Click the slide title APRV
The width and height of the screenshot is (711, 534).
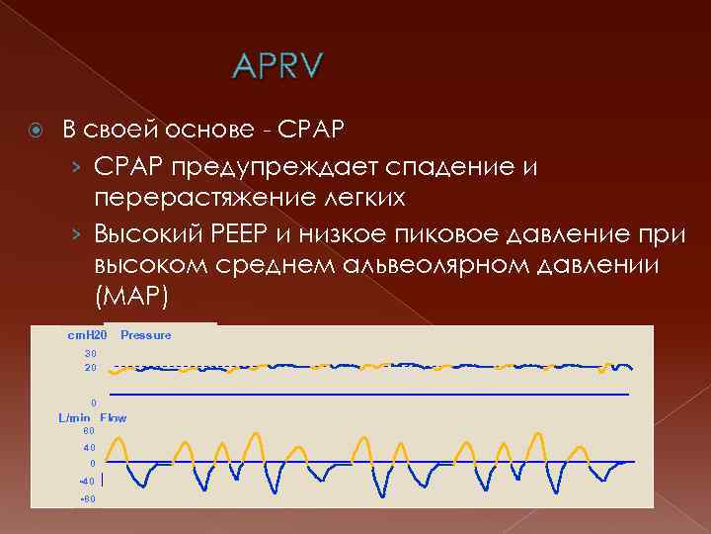pos(276,68)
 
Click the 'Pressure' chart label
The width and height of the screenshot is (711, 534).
pos(145,335)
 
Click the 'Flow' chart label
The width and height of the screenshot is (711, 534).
pos(114,418)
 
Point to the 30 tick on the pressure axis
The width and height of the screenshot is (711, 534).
pos(90,353)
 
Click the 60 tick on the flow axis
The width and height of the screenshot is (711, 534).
pos(89,431)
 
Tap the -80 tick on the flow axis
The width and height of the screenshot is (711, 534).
pos(87,498)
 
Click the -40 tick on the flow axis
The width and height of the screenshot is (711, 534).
pos(87,481)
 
